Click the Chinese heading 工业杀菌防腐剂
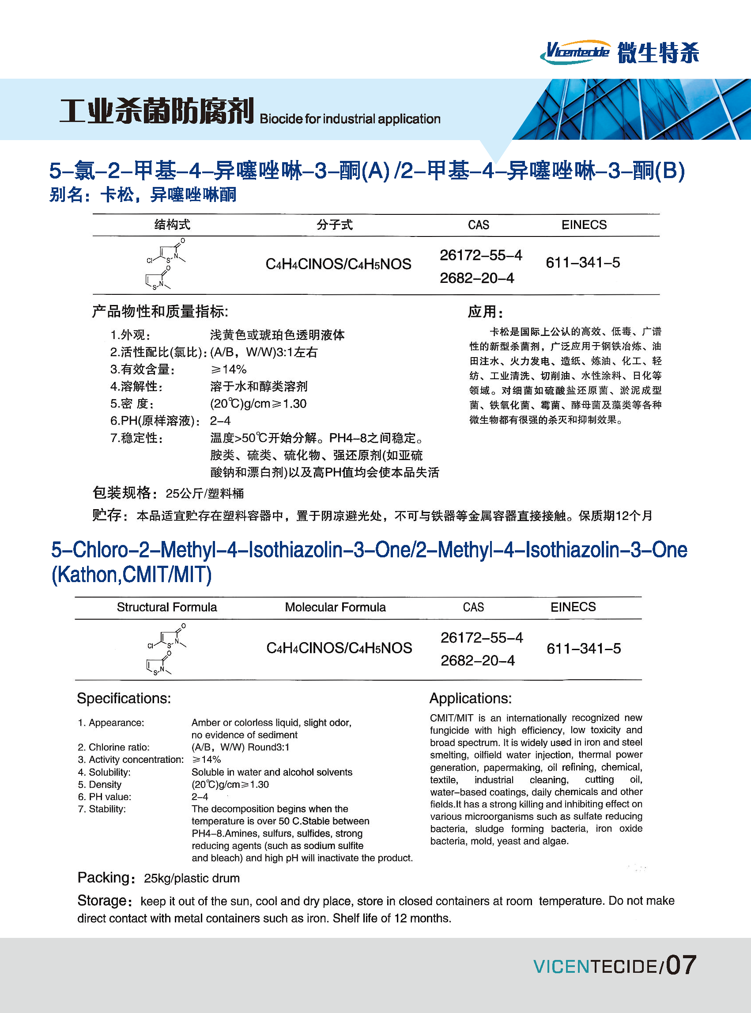156,111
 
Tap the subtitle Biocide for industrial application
350,119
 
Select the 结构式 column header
172,225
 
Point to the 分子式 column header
335,225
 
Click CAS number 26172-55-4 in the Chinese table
480,255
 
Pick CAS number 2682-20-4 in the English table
477,660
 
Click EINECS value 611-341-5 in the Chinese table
583,263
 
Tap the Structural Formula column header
166,607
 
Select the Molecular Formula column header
335,607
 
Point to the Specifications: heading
124,698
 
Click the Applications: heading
471,698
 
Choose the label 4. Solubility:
104,772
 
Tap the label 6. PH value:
105,797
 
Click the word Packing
104,877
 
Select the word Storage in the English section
102,901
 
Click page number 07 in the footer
680,966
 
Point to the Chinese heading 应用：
485,312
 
